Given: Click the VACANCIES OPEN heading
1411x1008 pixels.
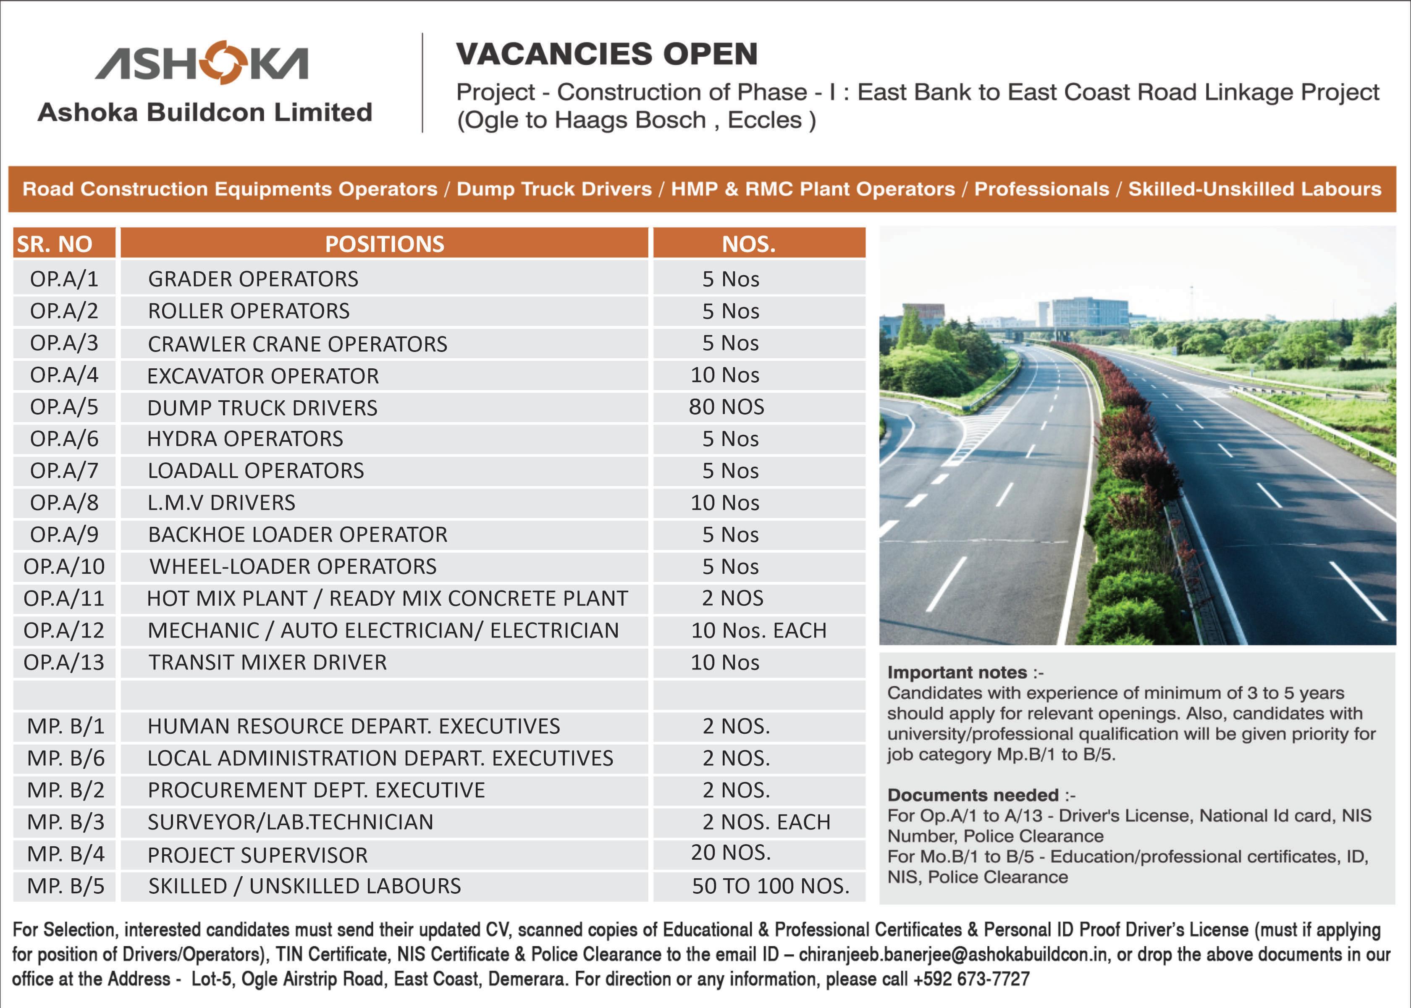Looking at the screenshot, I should tap(607, 54).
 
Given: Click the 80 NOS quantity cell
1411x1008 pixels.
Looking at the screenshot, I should tap(726, 407).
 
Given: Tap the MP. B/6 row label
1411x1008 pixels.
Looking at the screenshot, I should tap(66, 758).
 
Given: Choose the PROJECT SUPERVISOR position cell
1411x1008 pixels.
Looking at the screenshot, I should tap(257, 855).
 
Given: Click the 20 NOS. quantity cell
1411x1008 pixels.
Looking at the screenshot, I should tap(730, 853).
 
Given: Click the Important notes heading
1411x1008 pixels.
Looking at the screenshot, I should tap(957, 672).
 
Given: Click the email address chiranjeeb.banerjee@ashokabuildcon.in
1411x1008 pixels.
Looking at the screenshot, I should tap(952, 954).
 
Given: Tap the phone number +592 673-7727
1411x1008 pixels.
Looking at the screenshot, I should tap(971, 979).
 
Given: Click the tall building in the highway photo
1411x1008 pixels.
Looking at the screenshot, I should tap(1088, 313).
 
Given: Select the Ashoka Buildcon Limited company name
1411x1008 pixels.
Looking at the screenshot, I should tap(205, 112).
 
